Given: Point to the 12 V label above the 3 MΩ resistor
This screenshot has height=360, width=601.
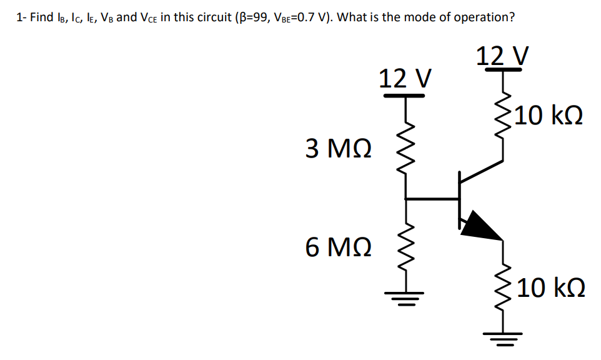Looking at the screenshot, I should (x=405, y=79).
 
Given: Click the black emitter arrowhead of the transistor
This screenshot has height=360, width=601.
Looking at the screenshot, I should (x=480, y=225).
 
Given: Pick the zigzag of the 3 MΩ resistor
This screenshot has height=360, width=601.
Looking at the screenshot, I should (x=407, y=153).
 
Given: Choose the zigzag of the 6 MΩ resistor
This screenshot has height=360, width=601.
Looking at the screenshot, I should (x=407, y=250).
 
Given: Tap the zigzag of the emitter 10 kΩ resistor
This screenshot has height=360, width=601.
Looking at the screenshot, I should (x=503, y=287).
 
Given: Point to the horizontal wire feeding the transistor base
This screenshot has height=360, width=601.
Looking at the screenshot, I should (x=432, y=199).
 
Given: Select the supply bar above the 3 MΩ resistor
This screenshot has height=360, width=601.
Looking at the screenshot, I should (x=405, y=96).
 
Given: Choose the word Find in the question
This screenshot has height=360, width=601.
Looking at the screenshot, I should (x=42, y=17).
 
